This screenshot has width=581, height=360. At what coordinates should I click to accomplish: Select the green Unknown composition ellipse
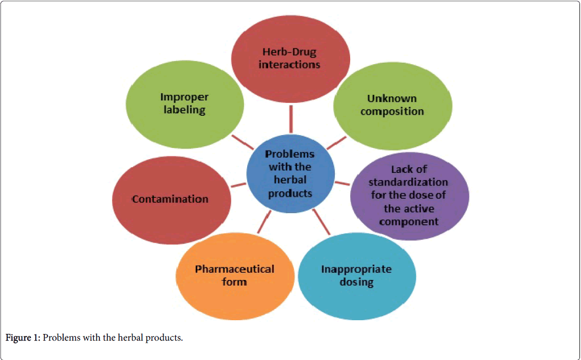pyautogui.click(x=392, y=122)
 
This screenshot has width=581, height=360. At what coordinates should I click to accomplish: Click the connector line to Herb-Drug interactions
pyautogui.click(x=291, y=119)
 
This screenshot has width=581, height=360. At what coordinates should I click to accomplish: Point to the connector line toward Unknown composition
pyautogui.click(x=336, y=143)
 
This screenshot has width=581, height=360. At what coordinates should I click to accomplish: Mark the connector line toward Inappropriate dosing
pyautogui.click(x=322, y=221)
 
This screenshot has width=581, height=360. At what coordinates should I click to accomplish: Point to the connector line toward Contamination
pyautogui.click(x=239, y=185)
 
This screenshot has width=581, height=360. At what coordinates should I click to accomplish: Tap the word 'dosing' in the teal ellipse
pyautogui.click(x=357, y=282)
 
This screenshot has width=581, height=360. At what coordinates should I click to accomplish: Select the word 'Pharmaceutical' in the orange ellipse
pyautogui.click(x=234, y=269)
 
